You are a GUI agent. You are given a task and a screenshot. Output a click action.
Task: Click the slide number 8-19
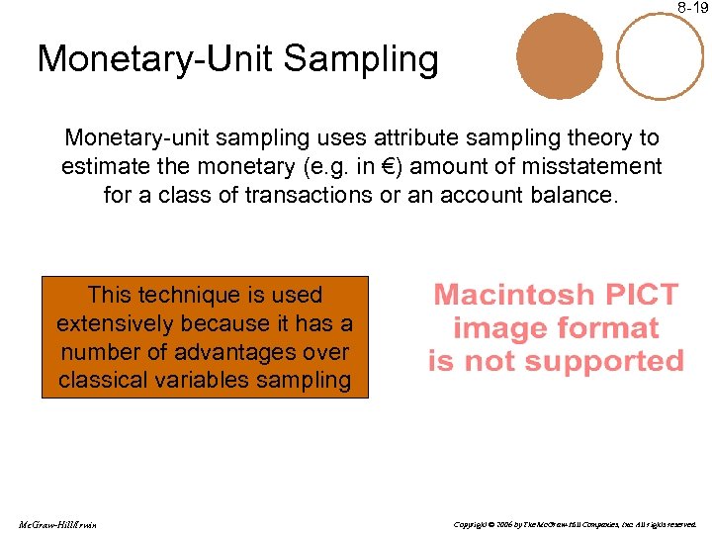click(x=693, y=7)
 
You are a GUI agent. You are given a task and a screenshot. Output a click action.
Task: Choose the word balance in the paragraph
click(x=568, y=195)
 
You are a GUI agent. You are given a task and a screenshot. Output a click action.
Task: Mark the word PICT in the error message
click(x=644, y=295)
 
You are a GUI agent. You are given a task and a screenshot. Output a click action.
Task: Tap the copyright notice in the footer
click(x=575, y=523)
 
